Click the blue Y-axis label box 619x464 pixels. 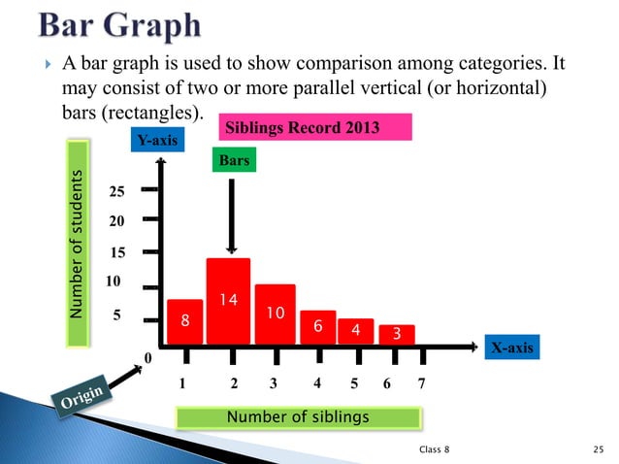[157, 142]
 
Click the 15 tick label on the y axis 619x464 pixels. [117, 252]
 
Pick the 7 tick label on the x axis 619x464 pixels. [420, 382]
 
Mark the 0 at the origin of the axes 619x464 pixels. [147, 359]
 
